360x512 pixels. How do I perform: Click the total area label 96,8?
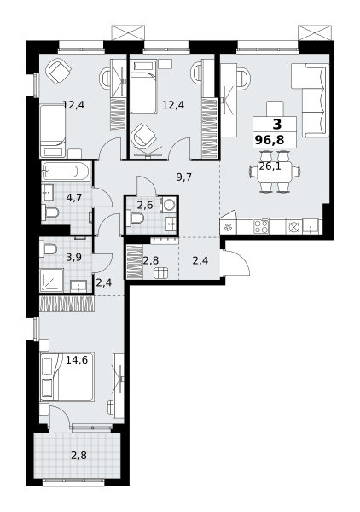270,140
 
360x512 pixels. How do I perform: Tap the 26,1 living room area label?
270,166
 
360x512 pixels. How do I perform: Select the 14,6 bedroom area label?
77,360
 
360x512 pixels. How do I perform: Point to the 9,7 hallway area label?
183,177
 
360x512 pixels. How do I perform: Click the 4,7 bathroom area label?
73,198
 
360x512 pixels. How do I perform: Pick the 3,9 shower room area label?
73,258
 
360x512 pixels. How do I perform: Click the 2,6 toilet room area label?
144,206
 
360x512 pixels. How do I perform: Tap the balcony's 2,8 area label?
79,455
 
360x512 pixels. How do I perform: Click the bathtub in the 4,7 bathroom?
66,171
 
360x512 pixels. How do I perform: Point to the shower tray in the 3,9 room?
51,280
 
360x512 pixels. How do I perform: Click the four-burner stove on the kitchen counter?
261,226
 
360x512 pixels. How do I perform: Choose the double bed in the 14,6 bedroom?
67,376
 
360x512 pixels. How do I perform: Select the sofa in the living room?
310,100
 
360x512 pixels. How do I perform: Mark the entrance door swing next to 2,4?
236,263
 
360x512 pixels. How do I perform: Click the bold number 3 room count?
276,124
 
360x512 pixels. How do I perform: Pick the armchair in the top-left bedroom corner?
58,72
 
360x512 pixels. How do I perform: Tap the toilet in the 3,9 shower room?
48,249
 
